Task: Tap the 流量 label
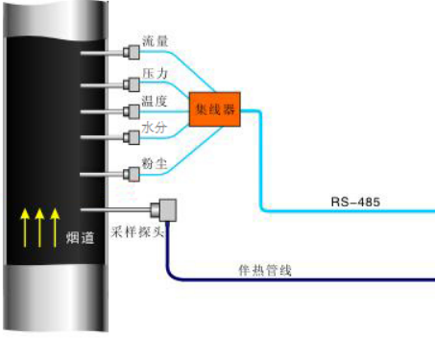pos(155,43)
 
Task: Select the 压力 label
pos(155,74)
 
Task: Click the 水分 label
pos(155,129)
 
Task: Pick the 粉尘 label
pos(155,165)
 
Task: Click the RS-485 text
pos(351,201)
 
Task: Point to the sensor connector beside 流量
pos(132,50)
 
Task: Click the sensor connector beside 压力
pos(132,84)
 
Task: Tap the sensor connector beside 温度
pos(132,110)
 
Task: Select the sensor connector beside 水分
pos(132,137)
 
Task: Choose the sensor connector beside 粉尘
pos(132,174)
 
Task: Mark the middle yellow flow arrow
pos(39,227)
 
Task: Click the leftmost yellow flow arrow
pos(24,227)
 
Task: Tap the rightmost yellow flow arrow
pos(55,227)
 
